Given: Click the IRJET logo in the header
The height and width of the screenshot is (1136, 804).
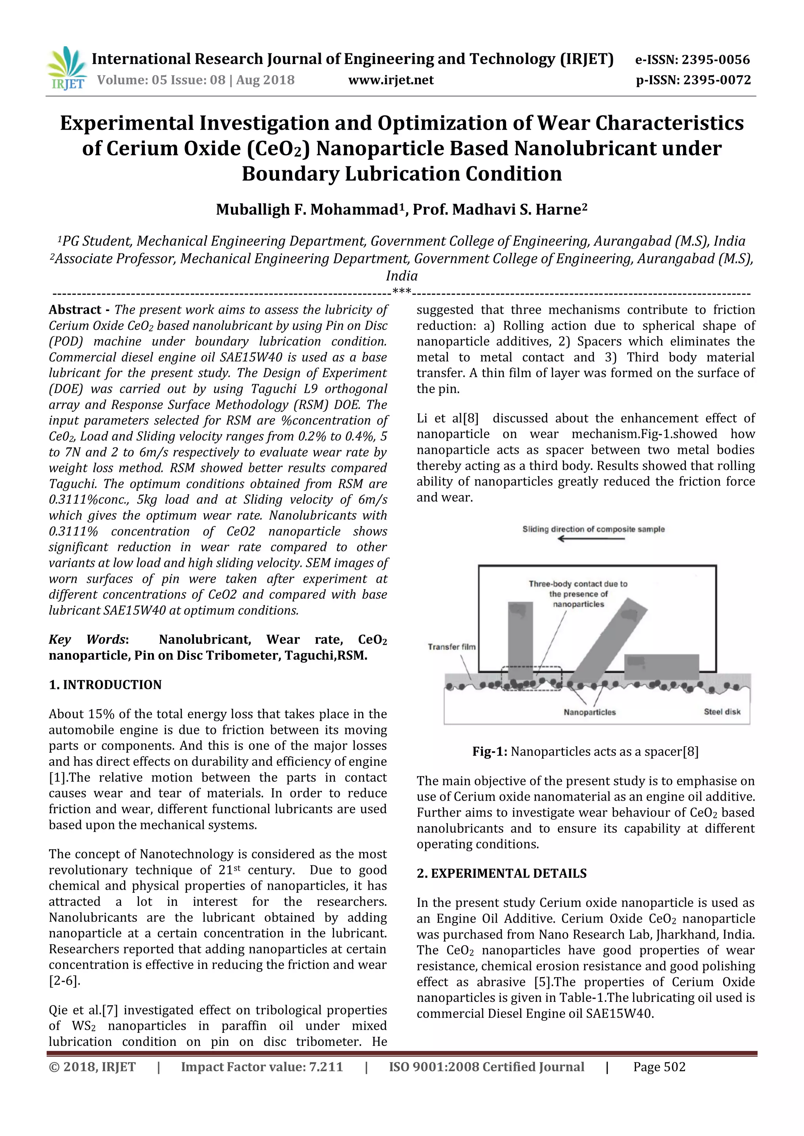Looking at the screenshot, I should [x=66, y=68].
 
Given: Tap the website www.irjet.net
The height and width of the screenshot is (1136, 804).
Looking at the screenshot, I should [x=391, y=80].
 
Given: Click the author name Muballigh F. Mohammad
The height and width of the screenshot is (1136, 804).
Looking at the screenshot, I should [x=307, y=210].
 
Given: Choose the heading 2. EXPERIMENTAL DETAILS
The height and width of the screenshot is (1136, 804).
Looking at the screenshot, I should [x=501, y=873].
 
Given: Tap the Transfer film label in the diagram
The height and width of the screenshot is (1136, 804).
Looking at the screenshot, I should [x=451, y=647].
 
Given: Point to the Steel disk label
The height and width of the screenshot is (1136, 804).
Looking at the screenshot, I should [x=722, y=712].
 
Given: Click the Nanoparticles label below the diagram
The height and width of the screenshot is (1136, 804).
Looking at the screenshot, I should [x=589, y=712].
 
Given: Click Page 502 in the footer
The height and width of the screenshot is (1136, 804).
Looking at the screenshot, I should [x=659, y=1067].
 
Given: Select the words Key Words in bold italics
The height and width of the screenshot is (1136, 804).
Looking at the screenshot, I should [x=88, y=639].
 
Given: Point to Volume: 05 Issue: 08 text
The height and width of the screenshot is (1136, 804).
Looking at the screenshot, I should [x=196, y=80].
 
